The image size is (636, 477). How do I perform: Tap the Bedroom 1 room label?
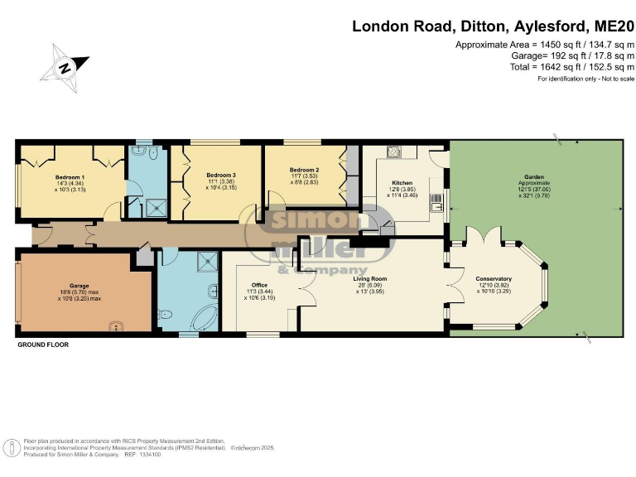69,176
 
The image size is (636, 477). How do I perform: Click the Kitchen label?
402,182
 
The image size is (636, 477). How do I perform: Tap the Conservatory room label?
494,279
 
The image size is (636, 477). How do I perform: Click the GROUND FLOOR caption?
43,344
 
